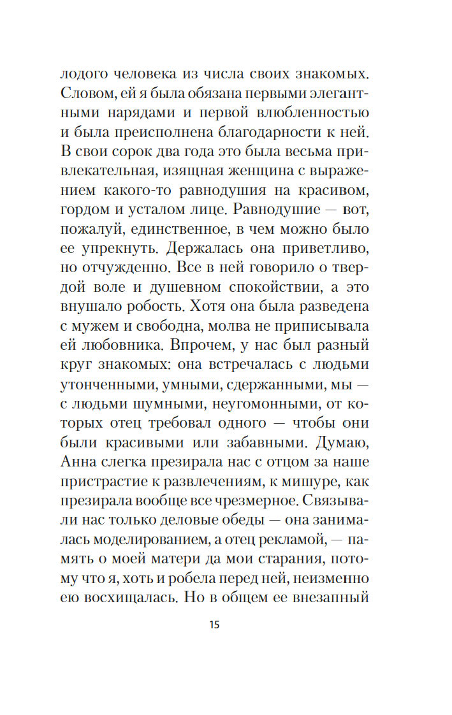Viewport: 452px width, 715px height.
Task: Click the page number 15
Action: [214, 625]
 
